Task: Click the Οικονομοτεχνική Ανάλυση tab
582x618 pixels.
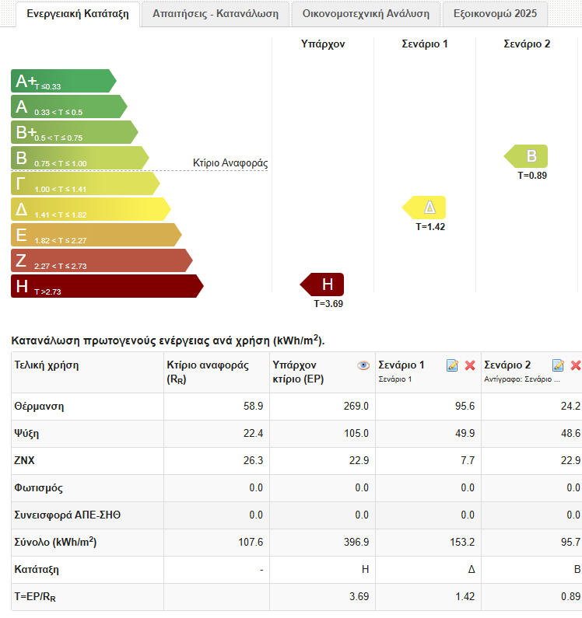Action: [366, 14]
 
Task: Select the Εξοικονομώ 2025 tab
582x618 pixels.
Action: [495, 14]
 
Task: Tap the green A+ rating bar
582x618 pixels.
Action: [62, 81]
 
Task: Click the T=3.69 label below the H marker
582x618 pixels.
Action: [328, 304]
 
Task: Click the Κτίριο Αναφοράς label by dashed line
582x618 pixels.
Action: [230, 163]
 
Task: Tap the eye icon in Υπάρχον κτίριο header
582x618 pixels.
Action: [363, 365]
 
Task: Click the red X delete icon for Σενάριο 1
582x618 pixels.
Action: [470, 365]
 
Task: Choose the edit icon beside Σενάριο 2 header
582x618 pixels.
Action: [558, 365]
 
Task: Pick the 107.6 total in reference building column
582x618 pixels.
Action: [251, 543]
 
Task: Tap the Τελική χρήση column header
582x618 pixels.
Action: [47, 365]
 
